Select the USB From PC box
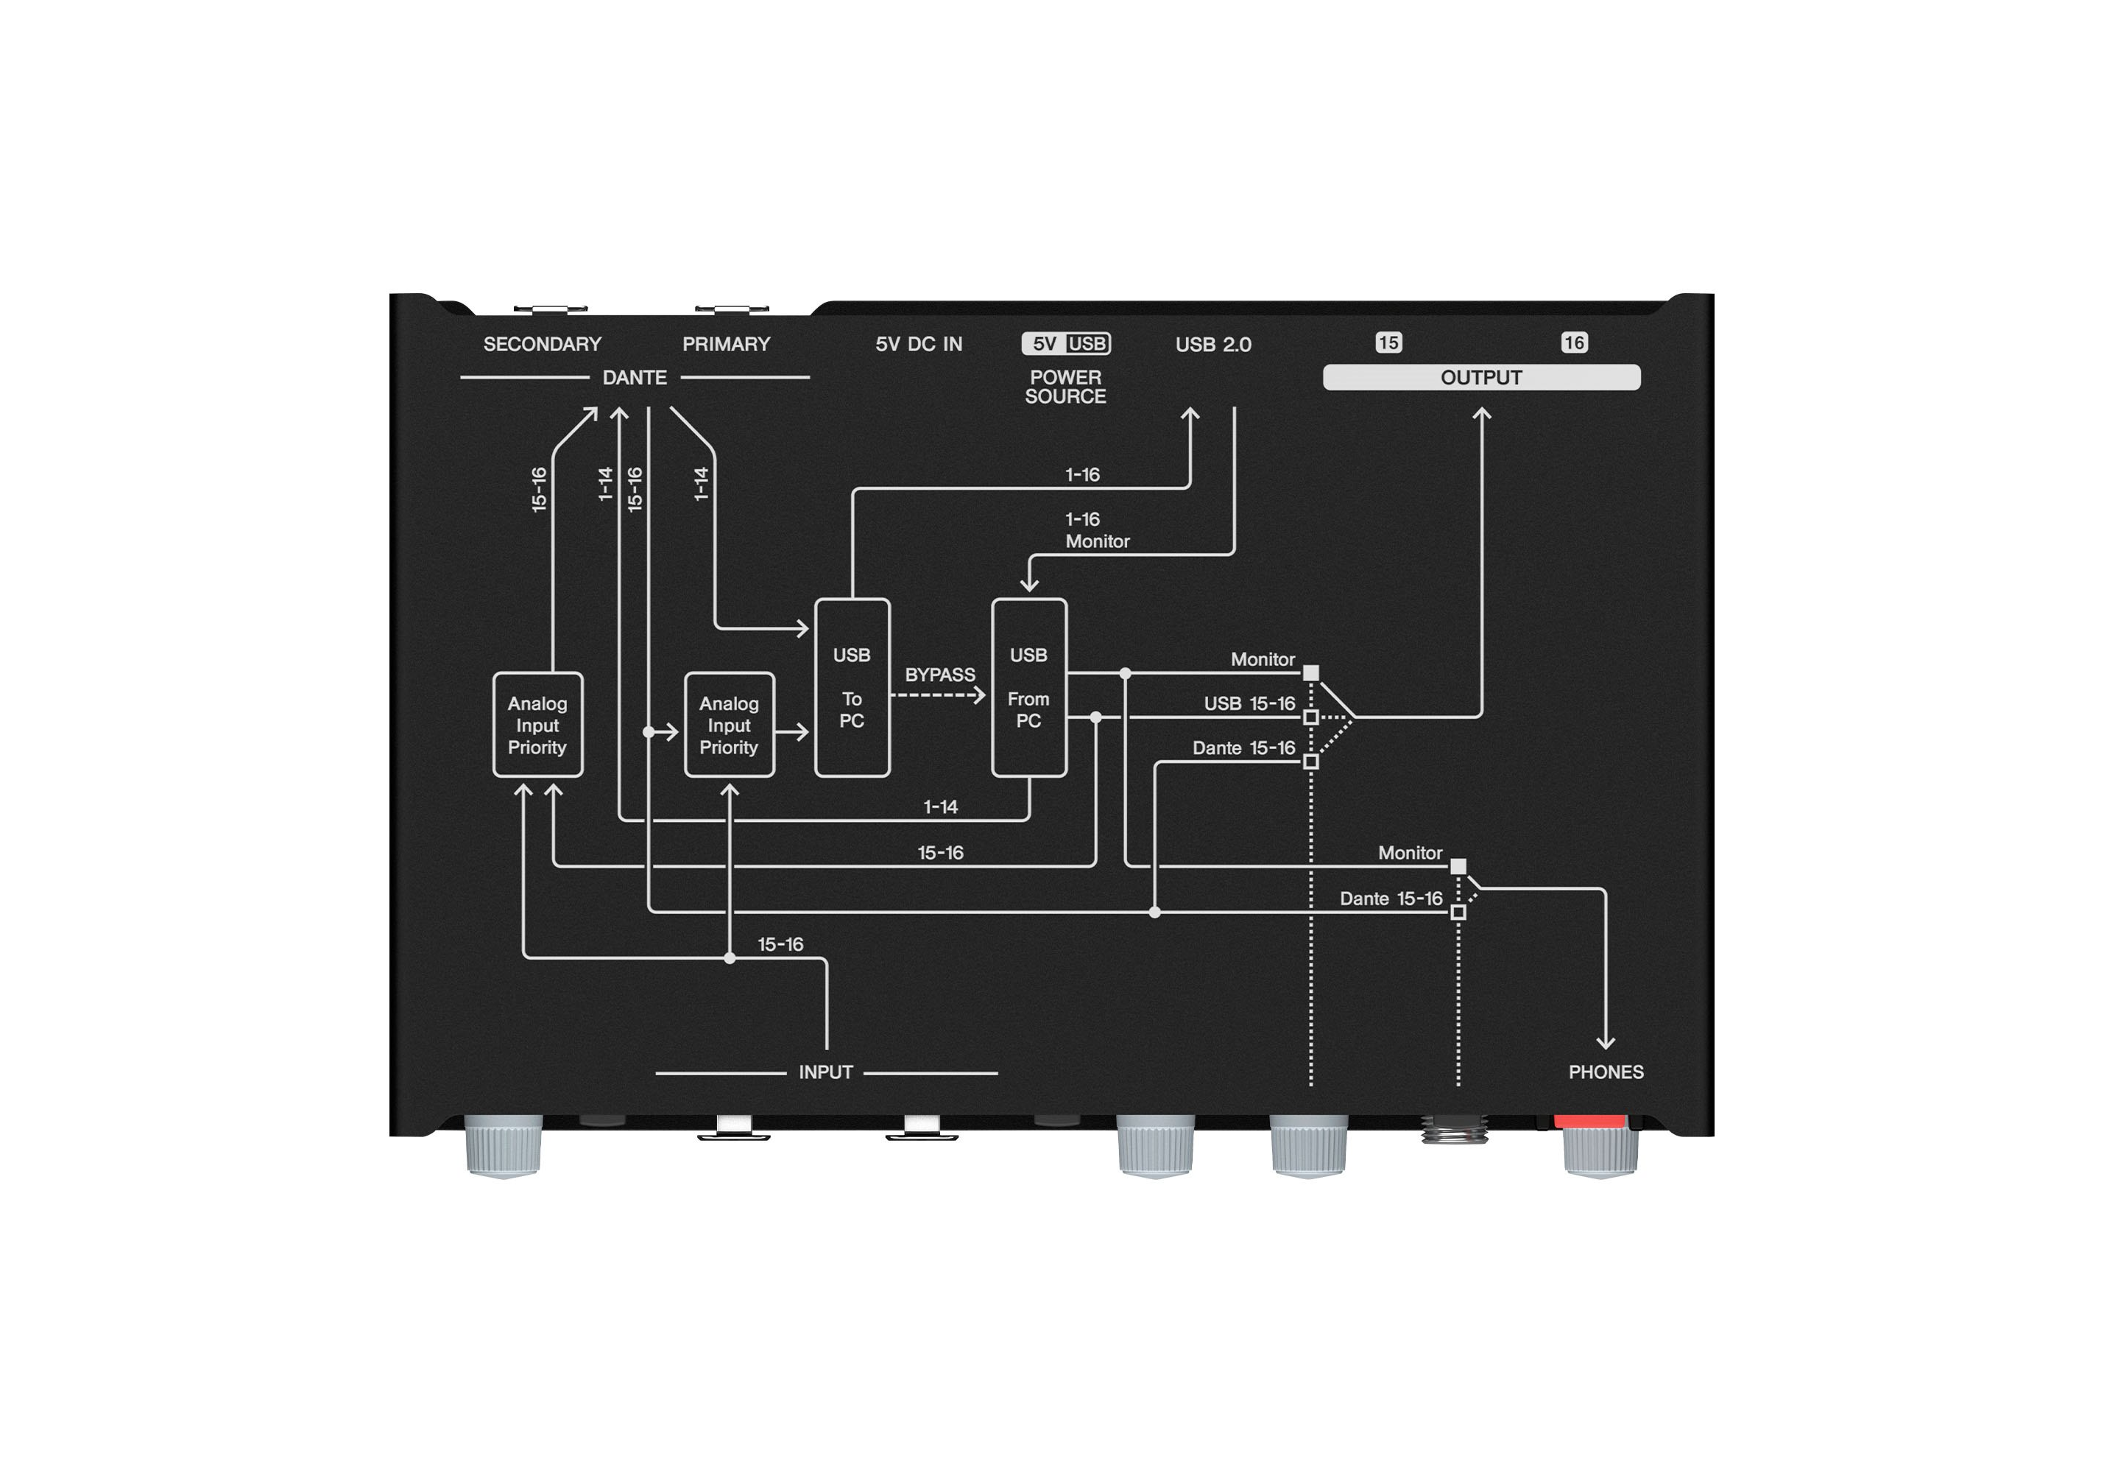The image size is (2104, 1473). pos(1029,687)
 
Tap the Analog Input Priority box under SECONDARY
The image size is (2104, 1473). pos(538,725)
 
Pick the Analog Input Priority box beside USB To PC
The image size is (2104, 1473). pos(730,725)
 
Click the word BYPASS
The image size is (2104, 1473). pos(940,675)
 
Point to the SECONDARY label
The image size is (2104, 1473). pos(543,344)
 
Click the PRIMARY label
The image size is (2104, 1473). pos(727,344)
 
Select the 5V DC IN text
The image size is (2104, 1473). pos(919,344)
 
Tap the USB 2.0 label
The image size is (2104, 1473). pos(1213,344)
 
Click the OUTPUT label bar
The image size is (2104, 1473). pos(1482,378)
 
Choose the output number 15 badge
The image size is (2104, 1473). pos(1388,342)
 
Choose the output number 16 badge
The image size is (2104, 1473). pos(1575,342)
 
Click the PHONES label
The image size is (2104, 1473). pos(1606,1072)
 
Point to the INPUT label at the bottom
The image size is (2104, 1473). pos(826,1072)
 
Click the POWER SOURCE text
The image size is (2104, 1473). pos(1066,387)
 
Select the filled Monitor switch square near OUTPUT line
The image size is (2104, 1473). pos(1311,673)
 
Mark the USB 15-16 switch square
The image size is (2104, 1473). pos(1311,717)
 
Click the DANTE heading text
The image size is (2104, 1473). pos(634,378)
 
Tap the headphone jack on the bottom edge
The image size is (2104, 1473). pos(1454,1129)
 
